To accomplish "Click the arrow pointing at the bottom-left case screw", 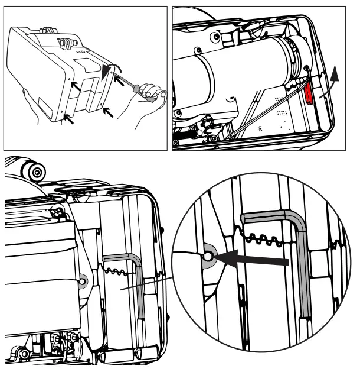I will pos(68,120).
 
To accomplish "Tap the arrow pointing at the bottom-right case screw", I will pos(107,111).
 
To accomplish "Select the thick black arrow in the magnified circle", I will pos(254,258).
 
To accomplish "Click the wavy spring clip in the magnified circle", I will pos(260,238).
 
